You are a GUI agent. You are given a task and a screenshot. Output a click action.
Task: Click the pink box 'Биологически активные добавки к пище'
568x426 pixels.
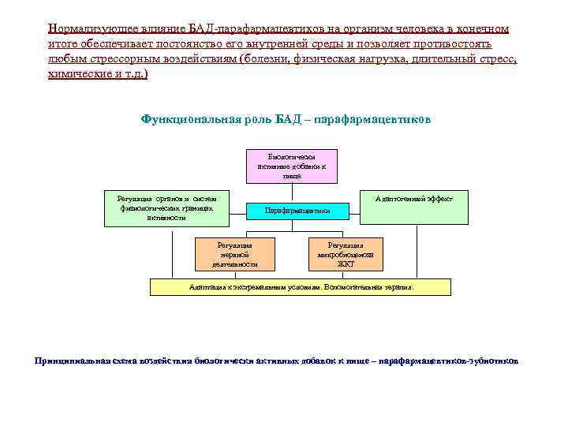291,166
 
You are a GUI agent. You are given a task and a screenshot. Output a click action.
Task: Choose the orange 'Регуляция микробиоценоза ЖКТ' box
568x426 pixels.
346,254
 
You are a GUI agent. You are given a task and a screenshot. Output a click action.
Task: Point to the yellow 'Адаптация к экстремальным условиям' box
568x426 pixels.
301,287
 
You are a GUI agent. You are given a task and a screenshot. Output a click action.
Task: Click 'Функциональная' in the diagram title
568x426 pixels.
189,120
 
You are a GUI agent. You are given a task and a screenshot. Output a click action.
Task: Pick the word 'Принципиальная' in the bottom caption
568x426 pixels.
72,361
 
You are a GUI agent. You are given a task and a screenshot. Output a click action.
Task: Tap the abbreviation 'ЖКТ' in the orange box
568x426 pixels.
346,264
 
